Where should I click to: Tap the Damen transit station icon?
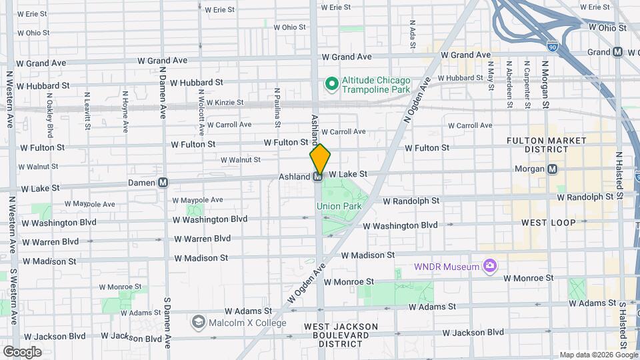click(x=163, y=183)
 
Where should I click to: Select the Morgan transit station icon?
click(x=552, y=169)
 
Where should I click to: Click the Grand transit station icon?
click(x=618, y=52)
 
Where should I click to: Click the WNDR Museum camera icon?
click(x=490, y=267)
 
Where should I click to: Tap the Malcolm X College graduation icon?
click(x=198, y=323)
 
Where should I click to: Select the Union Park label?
click(x=339, y=206)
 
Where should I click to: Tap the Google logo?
click(x=22, y=351)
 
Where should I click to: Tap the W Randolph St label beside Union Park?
click(x=411, y=201)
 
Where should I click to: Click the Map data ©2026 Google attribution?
click(x=597, y=355)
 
